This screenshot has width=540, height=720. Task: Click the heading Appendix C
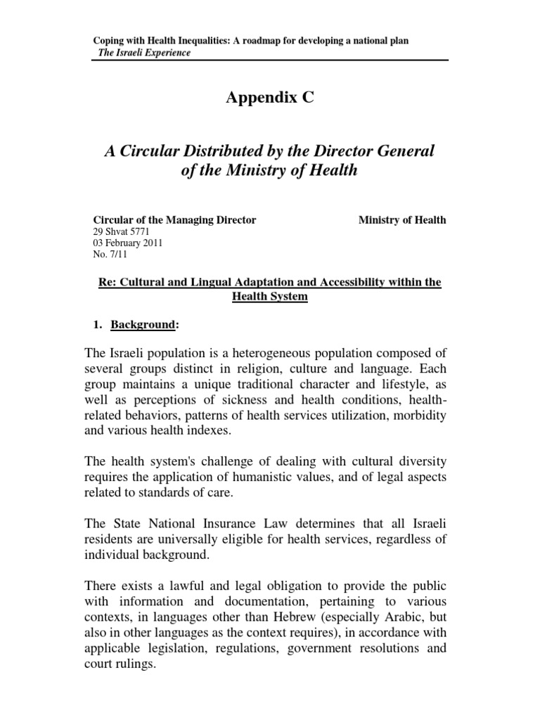[x=270, y=98]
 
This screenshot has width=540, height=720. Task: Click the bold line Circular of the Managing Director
[x=174, y=220]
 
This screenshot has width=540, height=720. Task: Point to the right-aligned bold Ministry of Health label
[x=402, y=220]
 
